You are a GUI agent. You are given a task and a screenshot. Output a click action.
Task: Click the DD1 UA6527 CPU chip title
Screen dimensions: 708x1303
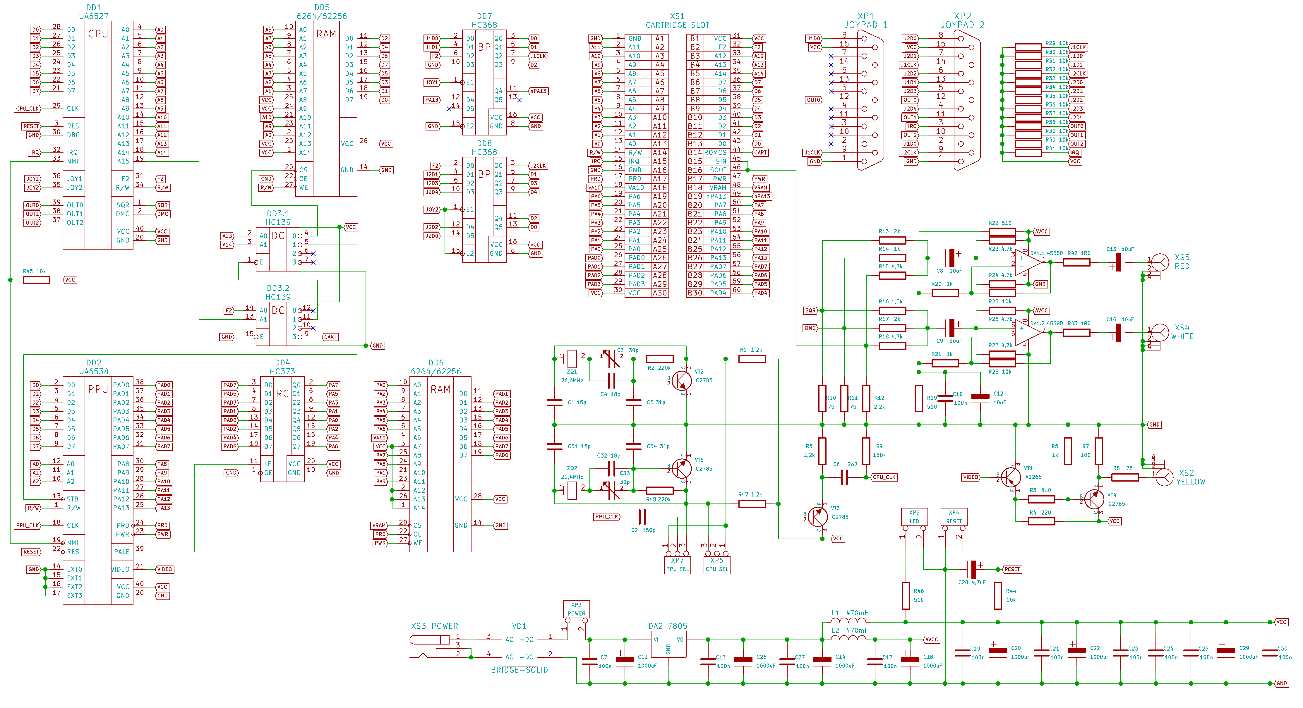[x=94, y=12]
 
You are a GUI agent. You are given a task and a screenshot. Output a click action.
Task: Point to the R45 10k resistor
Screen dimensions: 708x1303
[x=36, y=280]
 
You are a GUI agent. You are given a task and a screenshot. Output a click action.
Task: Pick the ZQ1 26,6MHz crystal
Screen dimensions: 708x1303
[x=572, y=359]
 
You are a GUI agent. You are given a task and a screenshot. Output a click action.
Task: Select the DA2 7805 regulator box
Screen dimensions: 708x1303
[x=668, y=644]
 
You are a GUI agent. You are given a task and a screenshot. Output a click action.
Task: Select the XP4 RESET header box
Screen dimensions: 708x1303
[x=954, y=517]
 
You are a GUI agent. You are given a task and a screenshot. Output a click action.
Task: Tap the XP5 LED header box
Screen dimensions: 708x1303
[x=914, y=517]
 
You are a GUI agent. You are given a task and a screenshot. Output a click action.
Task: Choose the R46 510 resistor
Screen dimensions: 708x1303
[x=906, y=596]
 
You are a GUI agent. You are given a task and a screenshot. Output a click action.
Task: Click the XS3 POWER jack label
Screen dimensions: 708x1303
[x=434, y=626]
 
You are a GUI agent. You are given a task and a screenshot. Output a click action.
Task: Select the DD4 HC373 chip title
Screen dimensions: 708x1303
[x=282, y=367]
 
